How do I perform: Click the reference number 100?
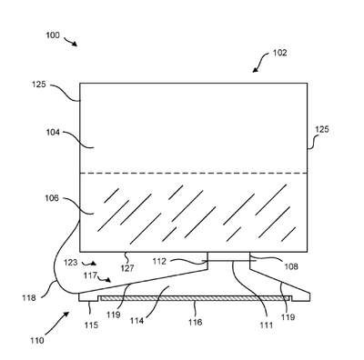[53, 35]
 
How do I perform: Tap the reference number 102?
[279, 53]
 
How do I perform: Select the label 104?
[53, 132]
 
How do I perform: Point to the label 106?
[52, 198]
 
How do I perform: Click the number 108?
[291, 266]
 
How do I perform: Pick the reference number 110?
[37, 340]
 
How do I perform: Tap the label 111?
[267, 325]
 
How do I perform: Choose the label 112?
[159, 261]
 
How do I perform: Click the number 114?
[136, 321]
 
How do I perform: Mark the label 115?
[91, 325]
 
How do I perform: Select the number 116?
[195, 322]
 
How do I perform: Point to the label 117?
[90, 275]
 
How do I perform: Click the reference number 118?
[29, 298]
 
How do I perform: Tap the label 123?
[71, 262]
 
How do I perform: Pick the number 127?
[127, 268]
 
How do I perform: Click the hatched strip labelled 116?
[195, 298]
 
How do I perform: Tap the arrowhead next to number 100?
[75, 44]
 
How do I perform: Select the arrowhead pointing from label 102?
[255, 70]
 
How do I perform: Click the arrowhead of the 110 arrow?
[66, 315]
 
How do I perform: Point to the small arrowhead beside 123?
[94, 264]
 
